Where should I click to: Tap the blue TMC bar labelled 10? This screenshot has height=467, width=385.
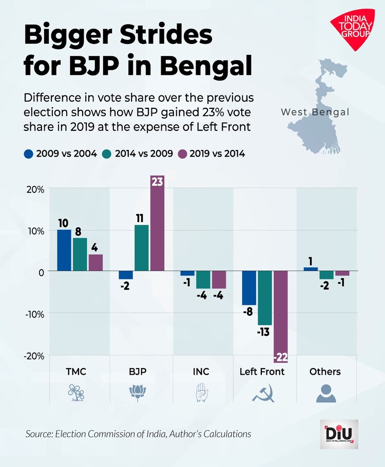point(64,250)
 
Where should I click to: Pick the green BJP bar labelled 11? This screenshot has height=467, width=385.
point(142,247)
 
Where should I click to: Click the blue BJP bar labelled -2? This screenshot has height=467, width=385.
point(126,275)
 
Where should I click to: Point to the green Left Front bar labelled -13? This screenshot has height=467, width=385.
point(265,298)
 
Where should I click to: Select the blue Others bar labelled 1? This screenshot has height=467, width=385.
point(311,269)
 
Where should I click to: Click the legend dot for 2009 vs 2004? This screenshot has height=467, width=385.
point(29,153)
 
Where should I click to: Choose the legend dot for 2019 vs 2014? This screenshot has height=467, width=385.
point(183,153)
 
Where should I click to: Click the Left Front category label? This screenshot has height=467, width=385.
point(262,372)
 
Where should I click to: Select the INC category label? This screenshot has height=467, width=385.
point(201,372)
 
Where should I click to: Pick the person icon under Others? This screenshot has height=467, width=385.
point(325,394)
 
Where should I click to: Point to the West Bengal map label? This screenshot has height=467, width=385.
point(315,112)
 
